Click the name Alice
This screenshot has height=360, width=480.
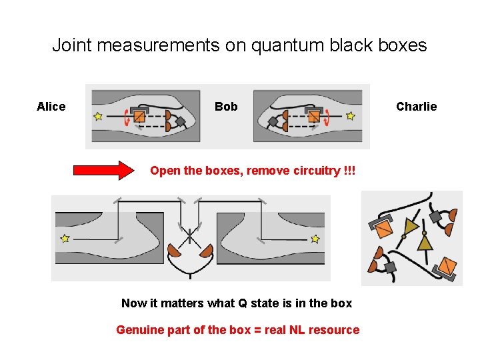pyautogui.click(x=51, y=107)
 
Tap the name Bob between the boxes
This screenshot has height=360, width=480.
pyautogui.click(x=226, y=107)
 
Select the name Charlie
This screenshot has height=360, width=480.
pyautogui.click(x=416, y=107)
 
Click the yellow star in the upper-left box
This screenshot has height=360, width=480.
pyautogui.click(x=98, y=116)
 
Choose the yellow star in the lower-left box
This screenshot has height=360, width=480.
pyautogui.click(x=65, y=239)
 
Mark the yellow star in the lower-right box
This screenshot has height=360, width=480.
pyautogui.click(x=315, y=239)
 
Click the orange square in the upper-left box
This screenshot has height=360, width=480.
pyautogui.click(x=139, y=116)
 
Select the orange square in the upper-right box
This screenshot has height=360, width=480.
pyautogui.click(x=314, y=116)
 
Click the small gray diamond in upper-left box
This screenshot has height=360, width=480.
pyautogui.click(x=180, y=121)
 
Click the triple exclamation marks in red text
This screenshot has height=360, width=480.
pyautogui.click(x=349, y=170)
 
